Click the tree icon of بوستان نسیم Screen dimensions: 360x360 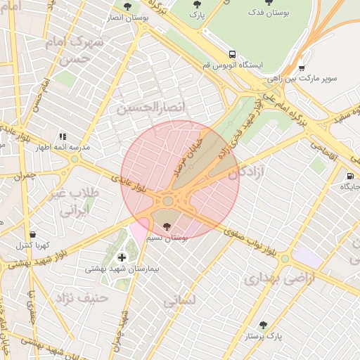[167, 226]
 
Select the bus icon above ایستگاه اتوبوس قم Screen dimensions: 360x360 [232, 54]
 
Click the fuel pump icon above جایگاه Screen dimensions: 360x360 [349, 176]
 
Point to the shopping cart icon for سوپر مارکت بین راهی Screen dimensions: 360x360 [302, 68]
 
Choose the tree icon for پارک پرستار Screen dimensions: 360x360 [263, 325]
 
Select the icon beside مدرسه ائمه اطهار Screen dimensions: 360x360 [63, 136]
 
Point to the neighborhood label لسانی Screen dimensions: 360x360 [180, 301]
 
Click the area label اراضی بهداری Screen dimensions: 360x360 [271, 279]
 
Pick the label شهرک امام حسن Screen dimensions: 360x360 [72, 51]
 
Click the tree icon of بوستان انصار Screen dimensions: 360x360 [127, 6]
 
